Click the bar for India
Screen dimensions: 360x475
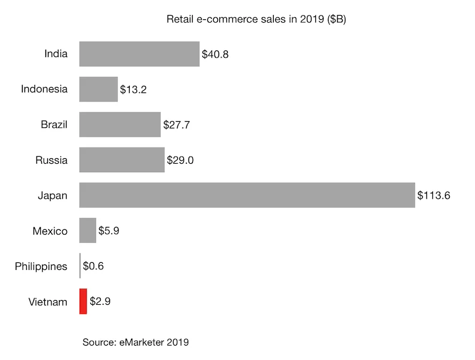(139, 54)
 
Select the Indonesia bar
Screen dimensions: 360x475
(98, 89)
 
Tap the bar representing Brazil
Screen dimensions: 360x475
(120, 125)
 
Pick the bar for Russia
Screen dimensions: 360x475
(122, 160)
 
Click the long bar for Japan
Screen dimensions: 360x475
(247, 196)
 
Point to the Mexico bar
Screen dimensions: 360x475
(88, 230)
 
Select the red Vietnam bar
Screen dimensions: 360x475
(83, 301)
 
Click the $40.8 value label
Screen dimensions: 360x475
(216, 55)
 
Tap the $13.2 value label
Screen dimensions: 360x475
(133, 90)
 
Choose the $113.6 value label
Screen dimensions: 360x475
(434, 196)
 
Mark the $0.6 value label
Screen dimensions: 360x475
(93, 266)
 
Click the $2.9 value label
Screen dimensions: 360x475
(100, 301)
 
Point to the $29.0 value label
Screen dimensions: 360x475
(181, 160)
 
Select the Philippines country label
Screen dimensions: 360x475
(41, 266)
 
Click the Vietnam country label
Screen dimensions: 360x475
(48, 302)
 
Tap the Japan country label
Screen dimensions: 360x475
(53, 196)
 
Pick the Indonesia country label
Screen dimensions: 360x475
(44, 89)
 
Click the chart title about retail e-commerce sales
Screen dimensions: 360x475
(256, 20)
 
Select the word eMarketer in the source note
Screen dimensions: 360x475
(142, 343)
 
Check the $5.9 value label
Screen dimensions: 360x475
(110, 231)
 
